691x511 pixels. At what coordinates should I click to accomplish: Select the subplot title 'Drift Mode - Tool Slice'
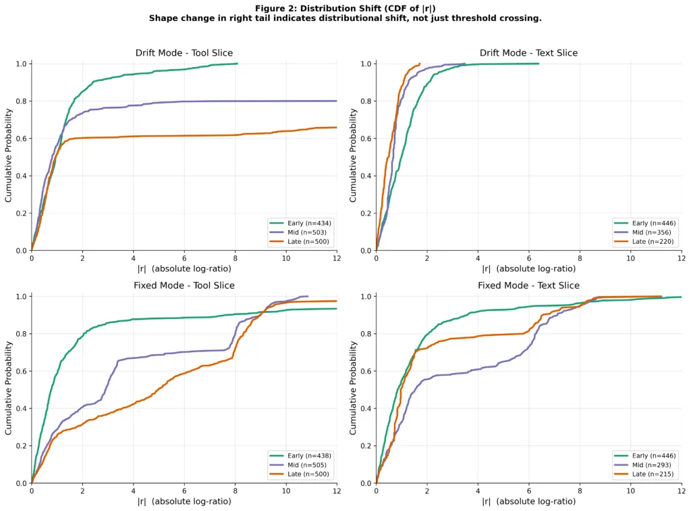pyautogui.click(x=184, y=53)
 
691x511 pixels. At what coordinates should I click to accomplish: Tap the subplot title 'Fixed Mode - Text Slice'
pyautogui.click(x=528, y=285)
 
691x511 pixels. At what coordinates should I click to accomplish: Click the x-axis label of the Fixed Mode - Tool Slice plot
pyautogui.click(x=184, y=502)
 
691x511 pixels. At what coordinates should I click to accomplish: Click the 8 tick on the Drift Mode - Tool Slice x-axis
pyautogui.click(x=235, y=258)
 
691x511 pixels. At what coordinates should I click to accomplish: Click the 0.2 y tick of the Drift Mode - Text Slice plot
pyautogui.click(x=365, y=213)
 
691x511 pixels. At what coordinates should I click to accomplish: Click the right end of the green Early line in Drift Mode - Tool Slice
pyautogui.click(x=237, y=64)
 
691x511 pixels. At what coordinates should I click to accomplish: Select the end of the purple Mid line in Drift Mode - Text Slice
pyautogui.click(x=465, y=64)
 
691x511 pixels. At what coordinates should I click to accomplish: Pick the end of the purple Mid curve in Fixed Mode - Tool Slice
pyautogui.click(x=307, y=296)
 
